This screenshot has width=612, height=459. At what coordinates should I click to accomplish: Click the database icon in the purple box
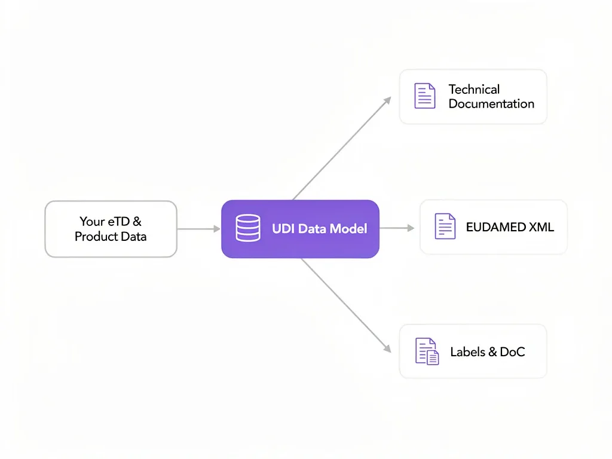[248, 228]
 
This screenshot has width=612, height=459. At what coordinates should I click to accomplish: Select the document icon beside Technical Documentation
[425, 96]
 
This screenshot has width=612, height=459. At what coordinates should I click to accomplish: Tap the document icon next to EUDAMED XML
[445, 227]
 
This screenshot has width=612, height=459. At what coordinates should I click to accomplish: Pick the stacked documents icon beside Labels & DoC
[427, 351]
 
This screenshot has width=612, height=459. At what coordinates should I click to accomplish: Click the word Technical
[474, 90]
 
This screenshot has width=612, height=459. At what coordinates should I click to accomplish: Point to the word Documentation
[491, 104]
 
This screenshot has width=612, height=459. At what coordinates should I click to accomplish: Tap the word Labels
[467, 352]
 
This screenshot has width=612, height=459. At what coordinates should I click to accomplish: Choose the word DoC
[513, 352]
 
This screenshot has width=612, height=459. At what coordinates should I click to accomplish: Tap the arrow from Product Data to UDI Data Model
[198, 228]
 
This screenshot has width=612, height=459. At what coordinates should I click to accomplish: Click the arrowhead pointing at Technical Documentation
[387, 100]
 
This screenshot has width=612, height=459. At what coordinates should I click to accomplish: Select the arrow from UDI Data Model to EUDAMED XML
[397, 228]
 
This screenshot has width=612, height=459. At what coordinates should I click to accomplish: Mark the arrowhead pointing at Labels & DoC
[387, 348]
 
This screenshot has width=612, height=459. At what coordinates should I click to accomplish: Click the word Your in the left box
[91, 222]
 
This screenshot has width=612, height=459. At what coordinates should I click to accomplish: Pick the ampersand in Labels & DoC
[494, 352]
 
